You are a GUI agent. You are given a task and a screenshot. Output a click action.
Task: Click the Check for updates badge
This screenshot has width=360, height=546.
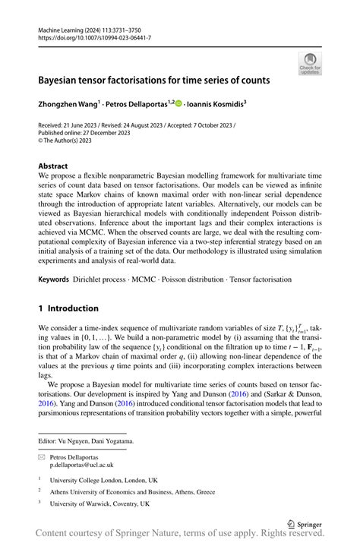click(310, 64)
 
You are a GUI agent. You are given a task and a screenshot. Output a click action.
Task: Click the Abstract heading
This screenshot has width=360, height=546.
click(56, 166)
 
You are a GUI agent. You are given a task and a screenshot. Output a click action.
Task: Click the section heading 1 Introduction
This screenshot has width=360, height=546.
click(68, 308)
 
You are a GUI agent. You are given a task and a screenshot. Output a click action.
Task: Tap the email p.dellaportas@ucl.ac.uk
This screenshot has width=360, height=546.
click(88, 466)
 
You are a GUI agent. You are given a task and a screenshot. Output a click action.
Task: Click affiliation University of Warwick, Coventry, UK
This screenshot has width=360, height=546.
click(100, 503)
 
